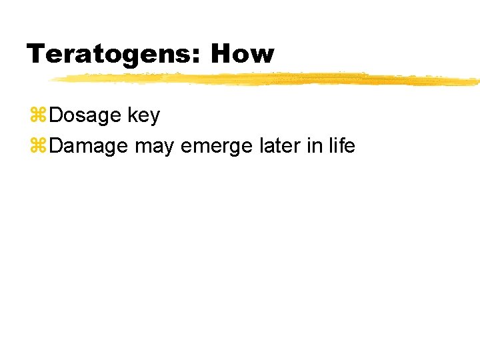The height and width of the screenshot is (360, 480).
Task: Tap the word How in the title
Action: pos(242,54)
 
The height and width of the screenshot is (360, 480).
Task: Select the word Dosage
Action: pos(85,115)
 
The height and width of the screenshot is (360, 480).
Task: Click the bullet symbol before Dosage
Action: pos(38,116)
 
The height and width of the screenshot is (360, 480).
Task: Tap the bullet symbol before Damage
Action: pos(38,146)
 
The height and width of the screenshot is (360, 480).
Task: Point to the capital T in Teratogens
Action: pos(35,54)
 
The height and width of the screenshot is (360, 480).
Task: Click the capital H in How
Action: pos(221,54)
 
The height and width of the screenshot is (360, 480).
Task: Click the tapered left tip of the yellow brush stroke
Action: pos(53,80)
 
